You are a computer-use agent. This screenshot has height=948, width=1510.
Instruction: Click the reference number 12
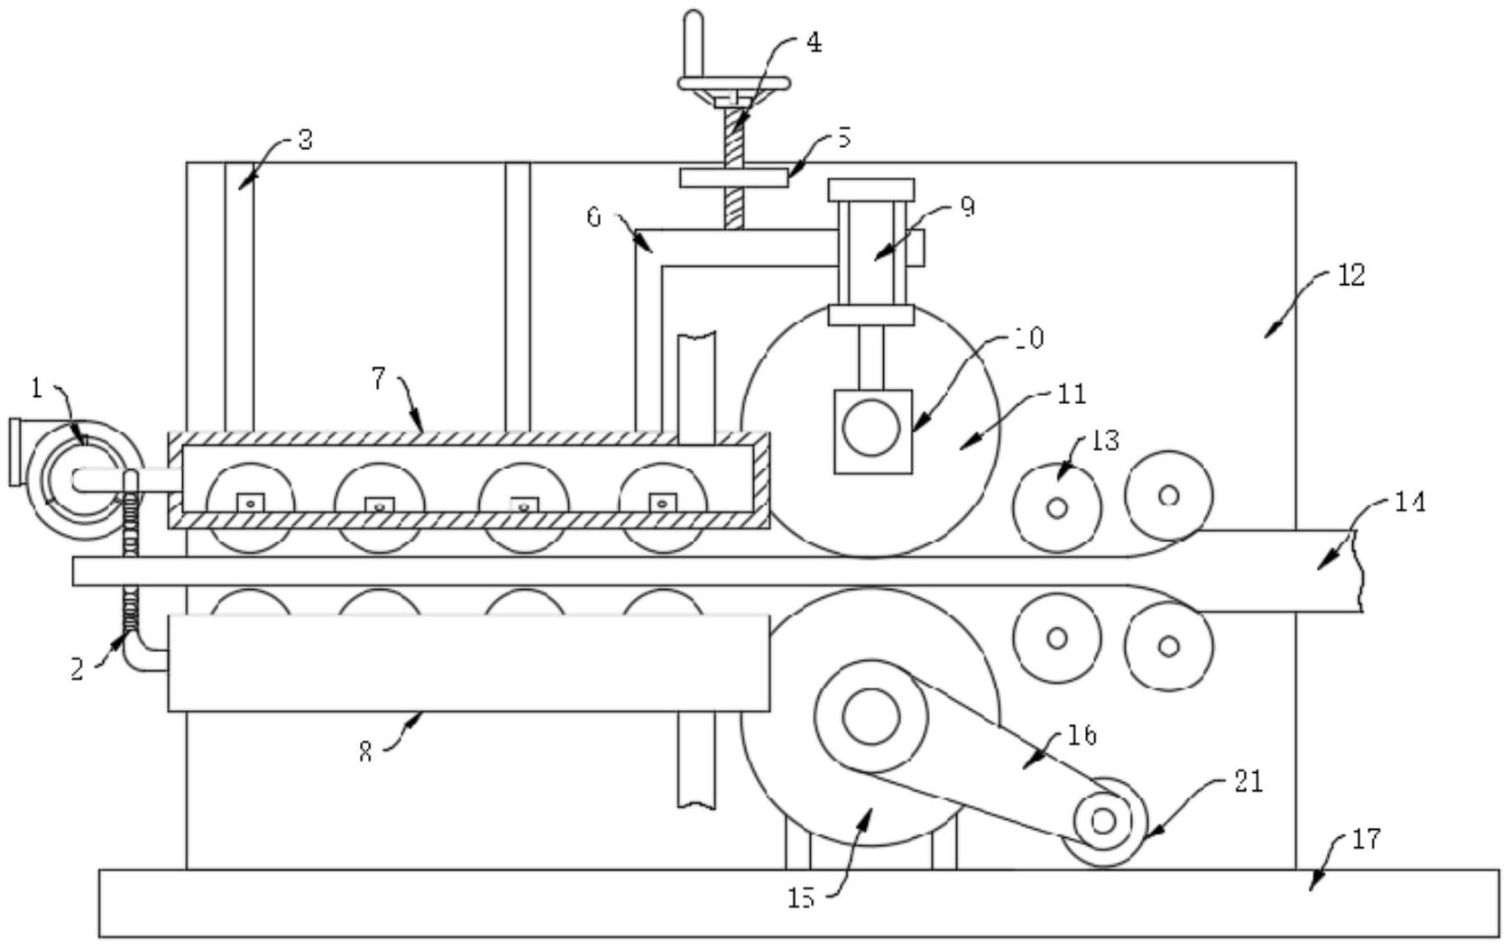coord(1350,275)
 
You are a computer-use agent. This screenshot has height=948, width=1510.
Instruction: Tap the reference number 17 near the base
coord(1366,839)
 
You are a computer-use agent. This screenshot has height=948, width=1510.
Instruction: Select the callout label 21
coord(1248,781)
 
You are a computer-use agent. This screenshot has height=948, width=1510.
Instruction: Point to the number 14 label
coord(1409,502)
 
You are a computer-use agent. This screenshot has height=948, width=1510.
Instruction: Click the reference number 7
coord(380,380)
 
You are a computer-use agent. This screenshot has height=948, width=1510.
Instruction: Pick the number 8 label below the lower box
coord(364,752)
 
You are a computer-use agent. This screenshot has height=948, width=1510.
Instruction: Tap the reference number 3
coord(305,141)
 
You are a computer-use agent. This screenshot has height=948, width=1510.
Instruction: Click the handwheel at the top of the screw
coord(733,84)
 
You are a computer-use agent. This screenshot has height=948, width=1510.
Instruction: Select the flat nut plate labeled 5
coord(733,178)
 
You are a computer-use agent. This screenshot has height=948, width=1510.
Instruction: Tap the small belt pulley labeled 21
coord(1103,821)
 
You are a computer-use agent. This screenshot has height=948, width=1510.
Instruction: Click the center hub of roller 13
coord(1057,508)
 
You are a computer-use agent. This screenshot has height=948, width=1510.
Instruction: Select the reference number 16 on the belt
coord(1082,735)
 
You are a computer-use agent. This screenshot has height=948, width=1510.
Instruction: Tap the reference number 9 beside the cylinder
coord(966,207)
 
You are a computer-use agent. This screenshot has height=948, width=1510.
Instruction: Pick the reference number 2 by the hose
coord(78,668)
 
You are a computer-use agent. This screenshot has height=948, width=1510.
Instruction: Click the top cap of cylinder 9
coord(870,189)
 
